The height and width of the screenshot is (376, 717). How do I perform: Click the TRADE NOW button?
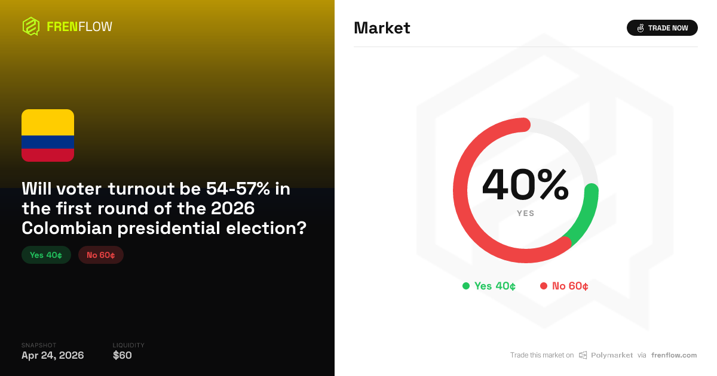coord(662,28)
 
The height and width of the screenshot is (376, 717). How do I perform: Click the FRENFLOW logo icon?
coord(30,26)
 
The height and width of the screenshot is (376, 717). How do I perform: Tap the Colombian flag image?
coord(48,135)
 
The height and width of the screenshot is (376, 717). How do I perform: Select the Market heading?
coord(382,28)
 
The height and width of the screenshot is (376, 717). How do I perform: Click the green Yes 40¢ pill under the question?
coord(46,255)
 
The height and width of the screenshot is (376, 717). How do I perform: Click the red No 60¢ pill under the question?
coord(101,255)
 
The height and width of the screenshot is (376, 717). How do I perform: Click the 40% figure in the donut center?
coord(525,185)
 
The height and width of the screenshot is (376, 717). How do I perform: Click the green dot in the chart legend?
coord(466,286)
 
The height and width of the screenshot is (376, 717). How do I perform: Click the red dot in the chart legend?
coord(544,286)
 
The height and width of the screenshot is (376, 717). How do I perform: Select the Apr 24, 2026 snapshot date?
coord(53,356)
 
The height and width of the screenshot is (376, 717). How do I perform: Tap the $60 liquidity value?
coord(122,356)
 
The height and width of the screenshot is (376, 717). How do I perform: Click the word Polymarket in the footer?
coord(612,355)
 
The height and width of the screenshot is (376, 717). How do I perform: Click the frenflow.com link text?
coord(674,355)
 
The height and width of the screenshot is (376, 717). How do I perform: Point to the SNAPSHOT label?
coord(39,345)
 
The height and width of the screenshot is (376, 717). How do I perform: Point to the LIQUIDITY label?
coord(128,345)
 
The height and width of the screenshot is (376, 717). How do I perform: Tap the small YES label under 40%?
coord(525,213)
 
